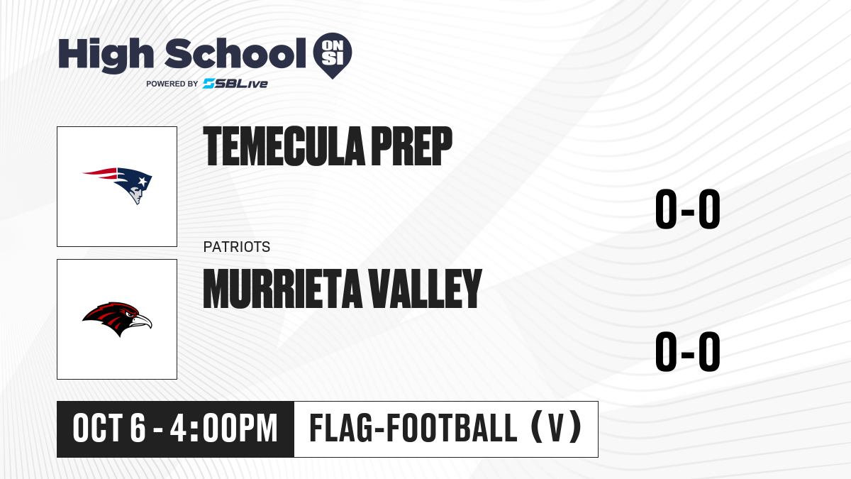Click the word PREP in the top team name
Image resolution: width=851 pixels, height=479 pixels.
pyautogui.click(x=412, y=146)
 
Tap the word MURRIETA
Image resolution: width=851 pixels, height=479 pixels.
pyautogui.click(x=283, y=289)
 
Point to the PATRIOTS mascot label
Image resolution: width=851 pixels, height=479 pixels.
pyautogui.click(x=237, y=247)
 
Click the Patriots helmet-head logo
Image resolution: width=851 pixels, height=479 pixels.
pyautogui.click(x=118, y=185)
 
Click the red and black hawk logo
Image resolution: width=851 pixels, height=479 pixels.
pyautogui.click(x=117, y=319)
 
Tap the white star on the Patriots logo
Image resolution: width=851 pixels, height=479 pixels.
pyautogui.click(x=143, y=182)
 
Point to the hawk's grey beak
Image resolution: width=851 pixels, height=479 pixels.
pyautogui.click(x=143, y=321)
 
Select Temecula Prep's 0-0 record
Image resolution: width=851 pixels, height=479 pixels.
pyautogui.click(x=688, y=209)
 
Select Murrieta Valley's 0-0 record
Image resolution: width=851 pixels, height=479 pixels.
pyautogui.click(x=688, y=351)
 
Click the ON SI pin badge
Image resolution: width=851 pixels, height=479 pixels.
pyautogui.click(x=333, y=55)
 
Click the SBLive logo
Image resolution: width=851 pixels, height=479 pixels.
pyautogui.click(x=235, y=84)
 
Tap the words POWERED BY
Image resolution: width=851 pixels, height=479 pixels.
pyautogui.click(x=172, y=84)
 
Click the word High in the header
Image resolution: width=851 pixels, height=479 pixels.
pyautogui.click(x=106, y=55)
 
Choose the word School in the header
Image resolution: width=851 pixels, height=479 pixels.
pyautogui.click(x=235, y=53)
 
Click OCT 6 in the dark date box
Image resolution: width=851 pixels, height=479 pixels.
pyautogui.click(x=109, y=428)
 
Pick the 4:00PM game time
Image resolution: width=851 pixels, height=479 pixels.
pyautogui.click(x=224, y=428)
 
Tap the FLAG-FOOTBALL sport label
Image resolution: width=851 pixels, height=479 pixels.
pyautogui.click(x=413, y=428)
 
